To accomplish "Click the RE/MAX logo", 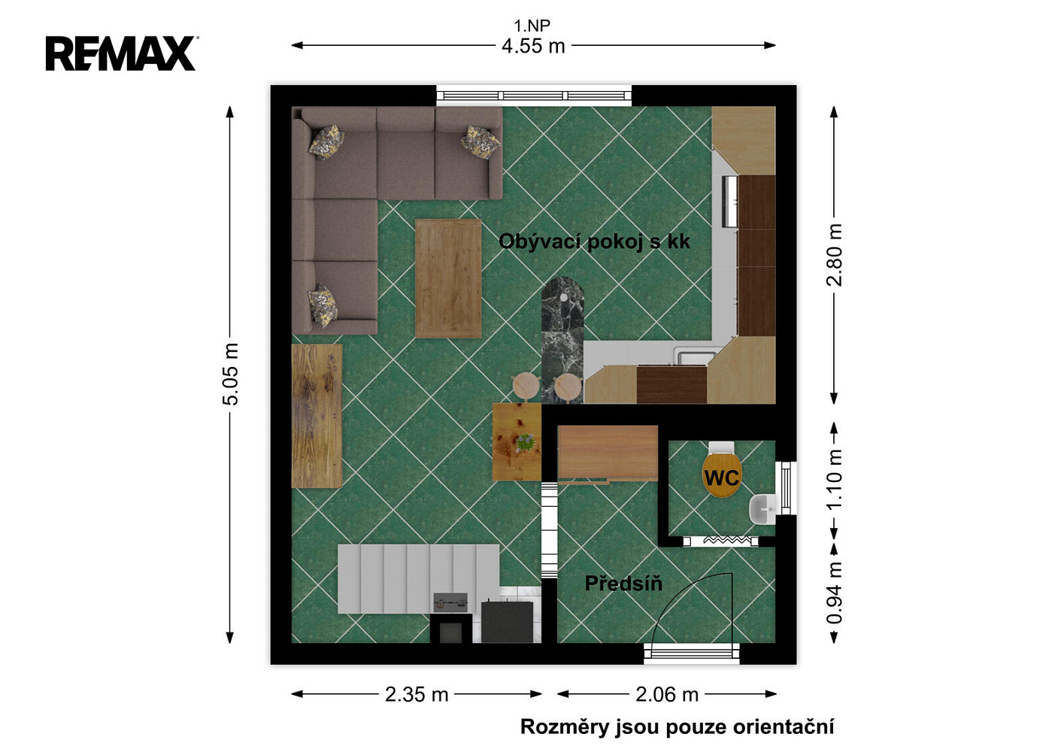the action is coord(121,53).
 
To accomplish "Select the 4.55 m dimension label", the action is coord(533,46).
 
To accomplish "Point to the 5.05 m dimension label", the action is coord(230,374).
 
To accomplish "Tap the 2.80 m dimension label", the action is coord(834,255).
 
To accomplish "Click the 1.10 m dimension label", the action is coord(834,479).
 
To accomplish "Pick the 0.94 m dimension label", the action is coord(834,593).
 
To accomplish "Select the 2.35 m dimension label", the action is coord(417,695).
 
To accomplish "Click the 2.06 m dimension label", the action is coord(667,695).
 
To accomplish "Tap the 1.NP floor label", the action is coord(532,25).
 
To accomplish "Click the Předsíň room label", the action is coord(623,583).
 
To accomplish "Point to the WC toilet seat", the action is coord(722,475).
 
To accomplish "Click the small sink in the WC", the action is coord(762,509).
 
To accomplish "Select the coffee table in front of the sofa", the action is coord(448,278).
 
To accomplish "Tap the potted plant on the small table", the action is coord(525,443).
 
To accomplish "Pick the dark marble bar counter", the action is coord(563,340).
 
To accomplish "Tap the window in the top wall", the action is coord(534,96).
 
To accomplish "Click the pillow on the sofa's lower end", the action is coord(323,306).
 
